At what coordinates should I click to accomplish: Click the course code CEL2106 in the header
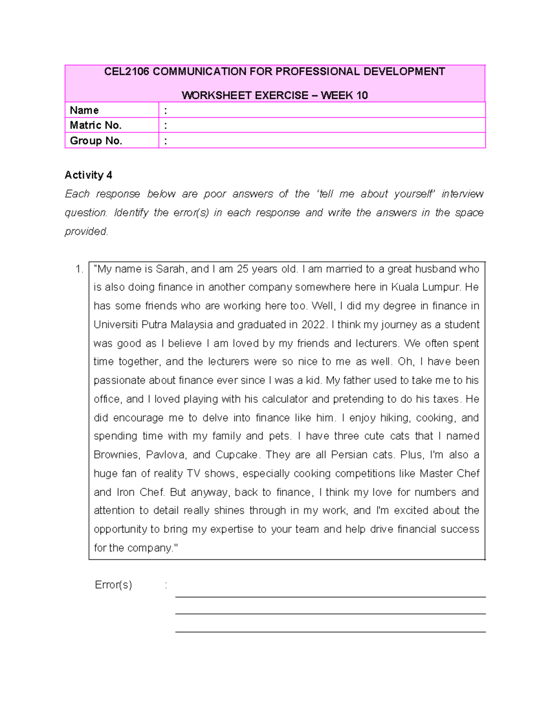click(x=126, y=72)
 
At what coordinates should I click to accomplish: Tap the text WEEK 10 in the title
click(x=344, y=95)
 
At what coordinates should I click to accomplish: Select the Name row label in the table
click(x=84, y=110)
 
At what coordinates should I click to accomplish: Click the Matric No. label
click(x=95, y=125)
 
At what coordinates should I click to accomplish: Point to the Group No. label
click(x=96, y=141)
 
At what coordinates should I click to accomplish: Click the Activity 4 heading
click(x=88, y=175)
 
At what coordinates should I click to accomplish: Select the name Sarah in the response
click(x=170, y=269)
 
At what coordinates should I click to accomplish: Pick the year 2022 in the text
click(x=313, y=325)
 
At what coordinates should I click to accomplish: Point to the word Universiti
click(x=116, y=325)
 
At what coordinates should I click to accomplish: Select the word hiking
click(x=398, y=418)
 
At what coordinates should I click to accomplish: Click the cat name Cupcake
click(x=237, y=455)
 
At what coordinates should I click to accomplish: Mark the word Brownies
click(x=116, y=455)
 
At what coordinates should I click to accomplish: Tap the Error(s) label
click(x=113, y=585)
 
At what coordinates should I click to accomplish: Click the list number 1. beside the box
click(x=79, y=269)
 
